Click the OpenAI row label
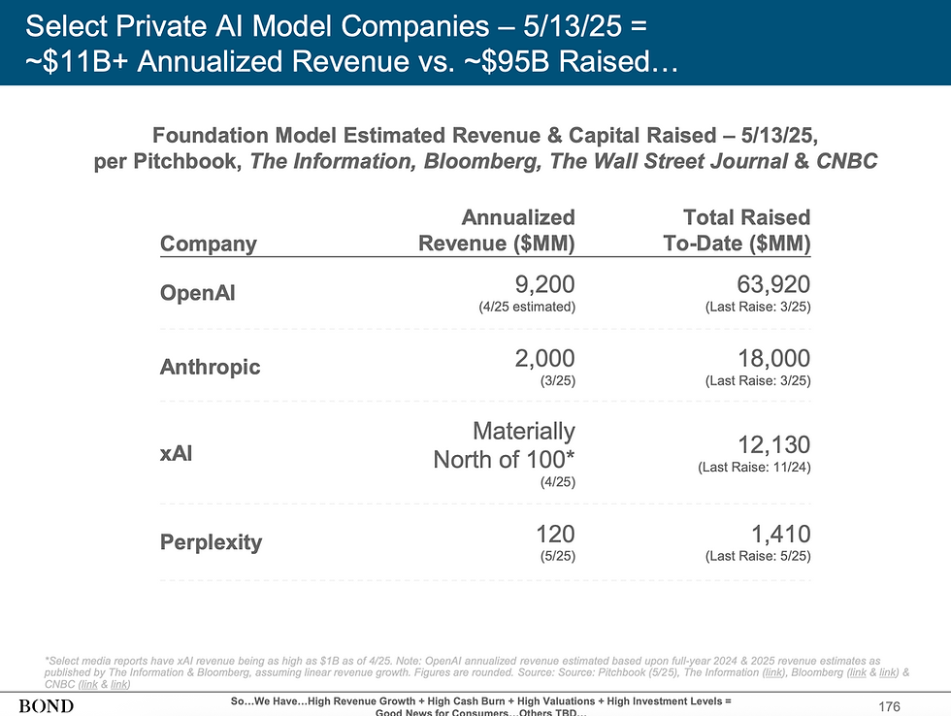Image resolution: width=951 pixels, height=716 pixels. coord(197,293)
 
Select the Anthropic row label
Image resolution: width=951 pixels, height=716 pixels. coord(211,367)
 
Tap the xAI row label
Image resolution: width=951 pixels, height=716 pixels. coord(177,452)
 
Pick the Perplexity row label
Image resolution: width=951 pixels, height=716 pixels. coord(211,541)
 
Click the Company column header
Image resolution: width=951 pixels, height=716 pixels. coord(208,244)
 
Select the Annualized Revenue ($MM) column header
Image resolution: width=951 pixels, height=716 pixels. coord(496,231)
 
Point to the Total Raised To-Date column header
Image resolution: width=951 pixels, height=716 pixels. coord(737,231)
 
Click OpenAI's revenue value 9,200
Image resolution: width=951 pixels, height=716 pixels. coord(541,283)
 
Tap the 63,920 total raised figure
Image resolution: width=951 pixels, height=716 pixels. coord(772,283)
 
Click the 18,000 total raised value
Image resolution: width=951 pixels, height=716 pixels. coord(772,357)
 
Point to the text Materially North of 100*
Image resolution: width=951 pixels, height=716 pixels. coord(504,444)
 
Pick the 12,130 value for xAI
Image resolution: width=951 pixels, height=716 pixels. coord(772,444)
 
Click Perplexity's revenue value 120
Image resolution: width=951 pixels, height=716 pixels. coord(554,533)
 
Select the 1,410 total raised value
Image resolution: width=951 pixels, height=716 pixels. coord(780,533)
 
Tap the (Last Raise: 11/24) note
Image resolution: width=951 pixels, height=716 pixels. coord(754,468)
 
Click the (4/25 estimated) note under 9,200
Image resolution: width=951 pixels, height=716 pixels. coord(527,308)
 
